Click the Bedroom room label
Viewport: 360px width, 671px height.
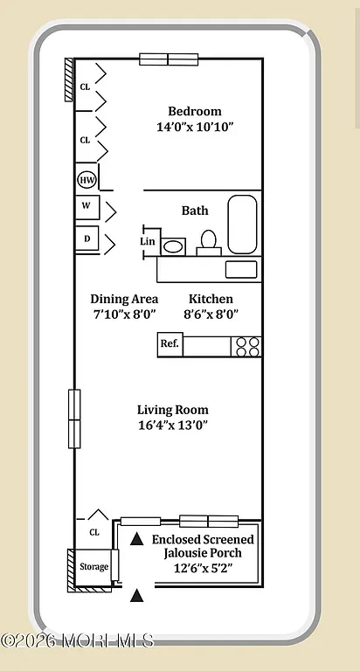[x=194, y=111]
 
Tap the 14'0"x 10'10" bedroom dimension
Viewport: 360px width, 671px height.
[x=194, y=127]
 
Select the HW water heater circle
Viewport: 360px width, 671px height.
[x=87, y=180]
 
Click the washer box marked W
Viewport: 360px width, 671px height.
[x=87, y=207]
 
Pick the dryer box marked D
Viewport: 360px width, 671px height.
[x=87, y=238]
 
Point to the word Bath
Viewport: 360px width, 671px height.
[x=195, y=211]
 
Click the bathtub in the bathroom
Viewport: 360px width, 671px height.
[x=242, y=224]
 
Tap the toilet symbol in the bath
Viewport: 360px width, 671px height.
[x=209, y=239]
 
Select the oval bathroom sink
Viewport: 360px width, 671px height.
[x=174, y=246]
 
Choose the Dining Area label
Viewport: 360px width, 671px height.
[x=124, y=299]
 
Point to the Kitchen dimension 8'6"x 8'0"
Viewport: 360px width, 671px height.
[x=211, y=315]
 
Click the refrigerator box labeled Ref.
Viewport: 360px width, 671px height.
[x=170, y=344]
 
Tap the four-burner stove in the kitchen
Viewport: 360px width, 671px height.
[x=246, y=345]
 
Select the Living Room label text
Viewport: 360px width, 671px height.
[x=172, y=410]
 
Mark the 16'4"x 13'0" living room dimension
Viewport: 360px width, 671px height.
[x=172, y=425]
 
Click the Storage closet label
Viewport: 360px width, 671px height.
[x=93, y=567]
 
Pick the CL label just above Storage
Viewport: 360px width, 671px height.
[x=94, y=531]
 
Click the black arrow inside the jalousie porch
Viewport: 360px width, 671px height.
[x=136, y=541]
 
